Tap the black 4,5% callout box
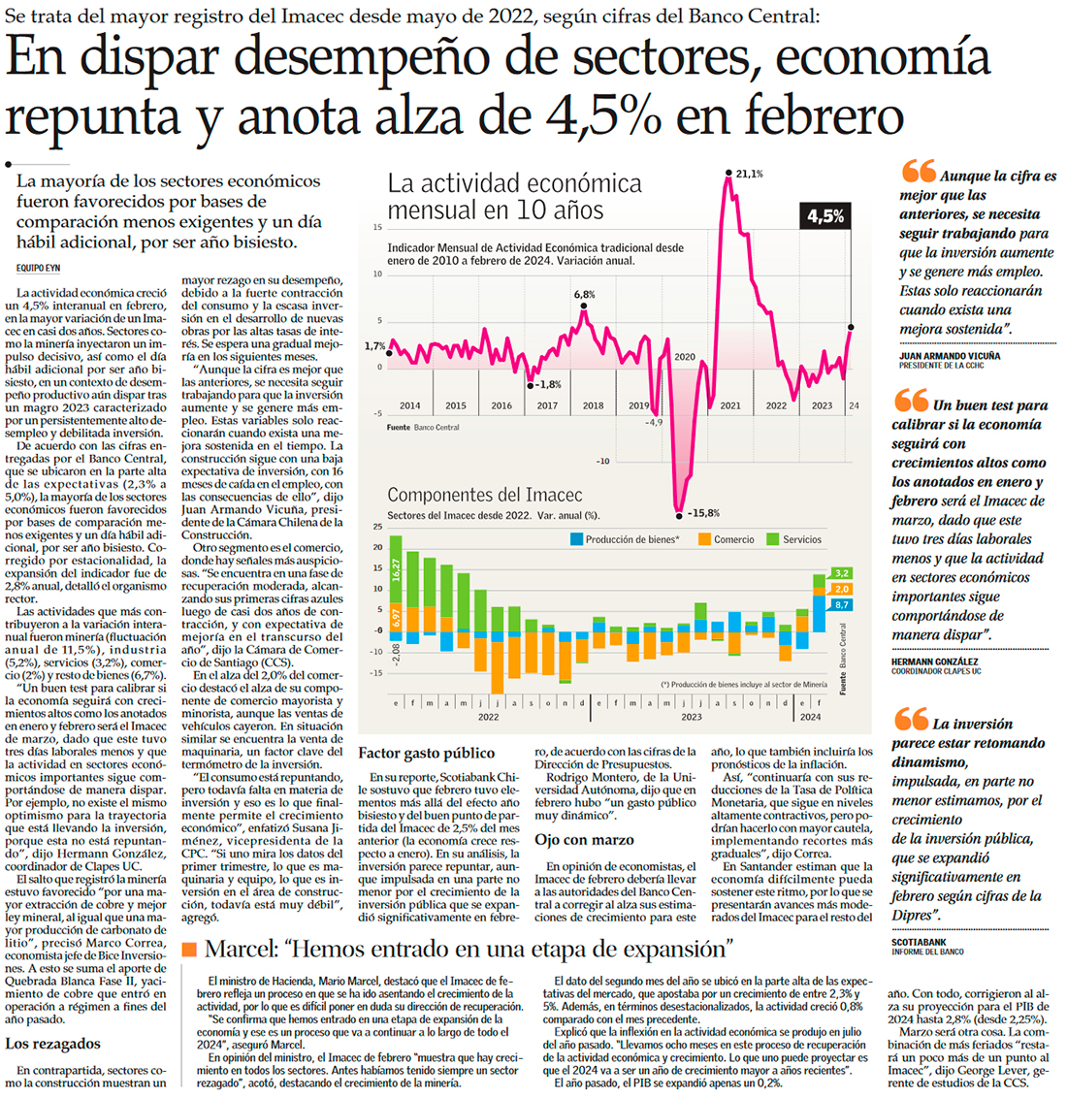(824, 216)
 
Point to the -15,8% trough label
(702, 513)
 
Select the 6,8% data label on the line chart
(584, 294)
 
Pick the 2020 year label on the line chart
(686, 357)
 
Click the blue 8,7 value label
(841, 604)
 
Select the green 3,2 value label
(841, 573)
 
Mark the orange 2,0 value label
(841, 589)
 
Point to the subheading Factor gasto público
(427, 753)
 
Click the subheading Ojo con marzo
(585, 840)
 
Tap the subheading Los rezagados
(52, 1044)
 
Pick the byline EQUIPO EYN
(39, 267)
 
